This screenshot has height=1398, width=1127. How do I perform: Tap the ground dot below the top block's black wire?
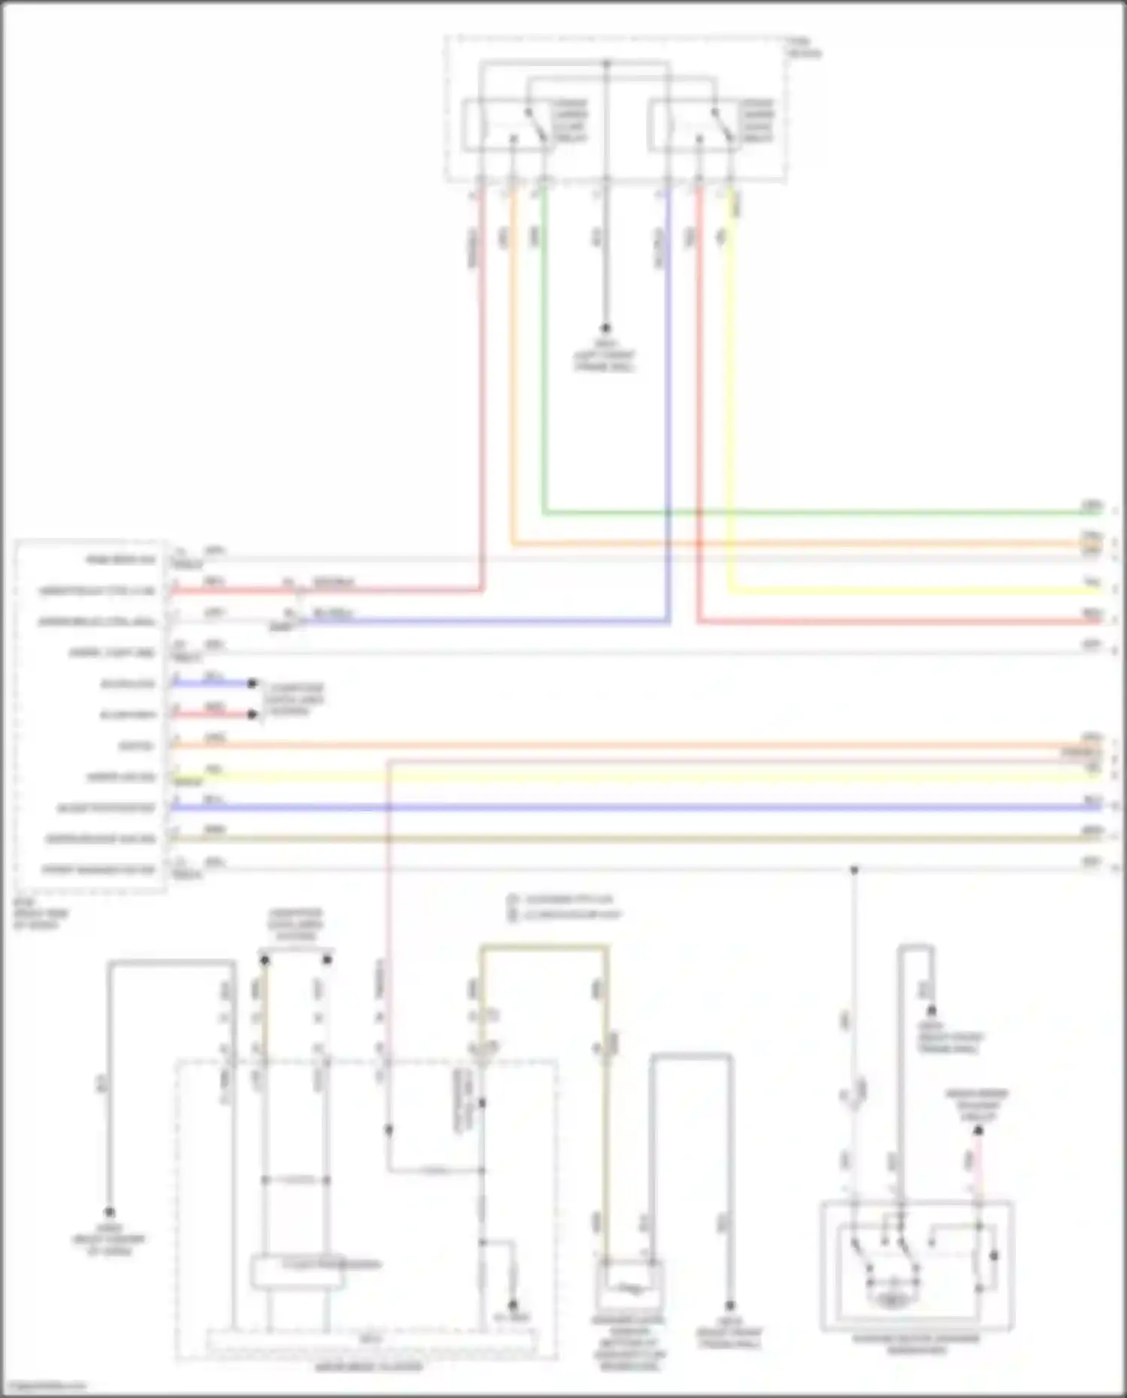[x=606, y=328]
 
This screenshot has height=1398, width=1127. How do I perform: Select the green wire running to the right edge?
[x=826, y=513]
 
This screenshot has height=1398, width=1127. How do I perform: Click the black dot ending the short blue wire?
[x=253, y=684]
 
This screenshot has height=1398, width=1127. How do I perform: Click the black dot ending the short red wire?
[x=253, y=714]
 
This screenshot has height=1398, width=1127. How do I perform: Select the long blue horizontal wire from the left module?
[x=601, y=808]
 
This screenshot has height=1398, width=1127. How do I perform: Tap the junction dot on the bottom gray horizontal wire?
[x=854, y=870]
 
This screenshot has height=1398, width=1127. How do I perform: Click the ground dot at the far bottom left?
[x=110, y=1212]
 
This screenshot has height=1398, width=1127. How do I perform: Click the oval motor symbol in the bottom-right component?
[x=891, y=1300]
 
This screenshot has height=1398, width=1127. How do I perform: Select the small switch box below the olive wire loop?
[x=630, y=1287]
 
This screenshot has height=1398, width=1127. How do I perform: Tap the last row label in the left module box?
[x=98, y=870]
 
